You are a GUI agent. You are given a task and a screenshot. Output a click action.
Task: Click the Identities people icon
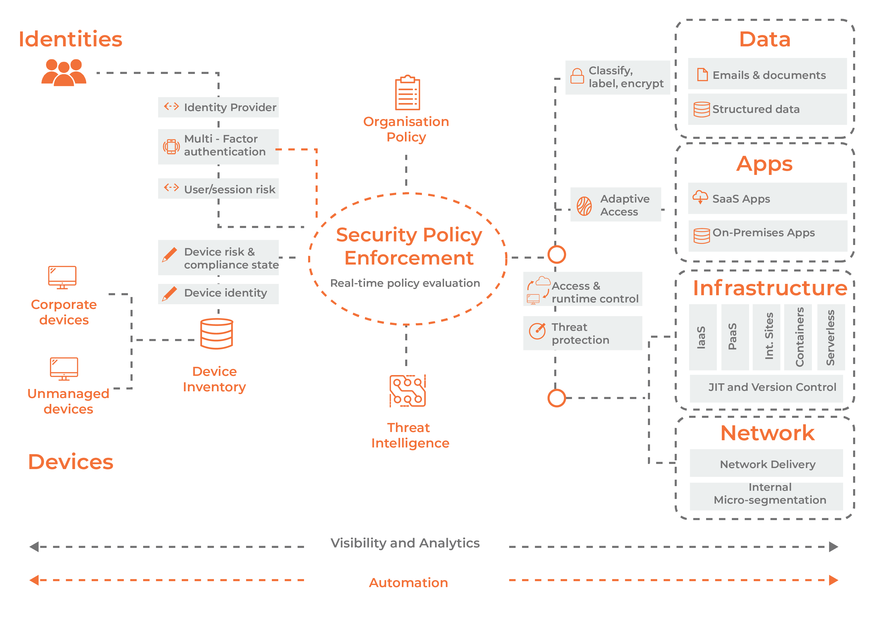[64, 72]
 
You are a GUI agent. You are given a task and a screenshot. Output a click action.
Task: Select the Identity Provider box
[218, 107]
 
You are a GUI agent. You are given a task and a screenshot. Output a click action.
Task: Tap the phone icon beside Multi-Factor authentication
[171, 147]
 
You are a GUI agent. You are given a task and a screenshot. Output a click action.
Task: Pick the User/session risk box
[218, 189]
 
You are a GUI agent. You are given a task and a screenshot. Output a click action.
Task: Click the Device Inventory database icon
[216, 334]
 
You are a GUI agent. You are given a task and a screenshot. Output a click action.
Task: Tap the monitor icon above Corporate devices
[62, 277]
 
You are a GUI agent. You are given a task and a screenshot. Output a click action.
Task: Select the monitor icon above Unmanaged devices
[64, 368]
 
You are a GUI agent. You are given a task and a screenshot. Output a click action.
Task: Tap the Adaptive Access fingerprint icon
[584, 206]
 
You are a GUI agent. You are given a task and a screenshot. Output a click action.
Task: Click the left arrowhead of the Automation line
[34, 580]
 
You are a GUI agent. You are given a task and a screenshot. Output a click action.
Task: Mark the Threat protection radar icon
[537, 331]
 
